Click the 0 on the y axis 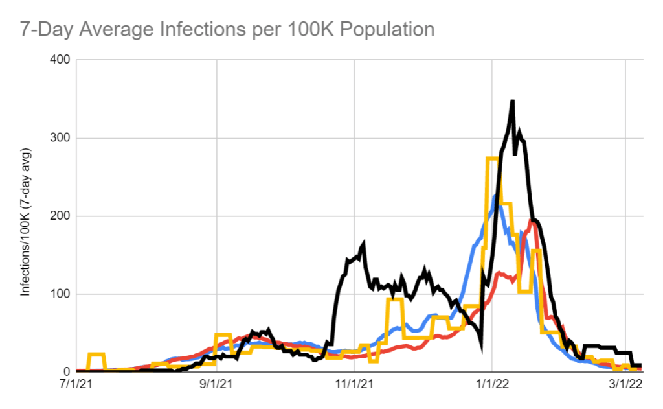click(x=67, y=372)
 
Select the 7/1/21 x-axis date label click(x=76, y=384)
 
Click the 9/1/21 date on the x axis click(x=216, y=384)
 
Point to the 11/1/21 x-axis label click(x=355, y=384)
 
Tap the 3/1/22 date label click(x=625, y=384)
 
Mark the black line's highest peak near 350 click(x=512, y=102)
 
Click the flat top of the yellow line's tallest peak click(x=491, y=159)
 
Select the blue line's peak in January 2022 click(x=495, y=195)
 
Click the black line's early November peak click(x=363, y=244)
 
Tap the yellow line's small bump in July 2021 click(x=96, y=355)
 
